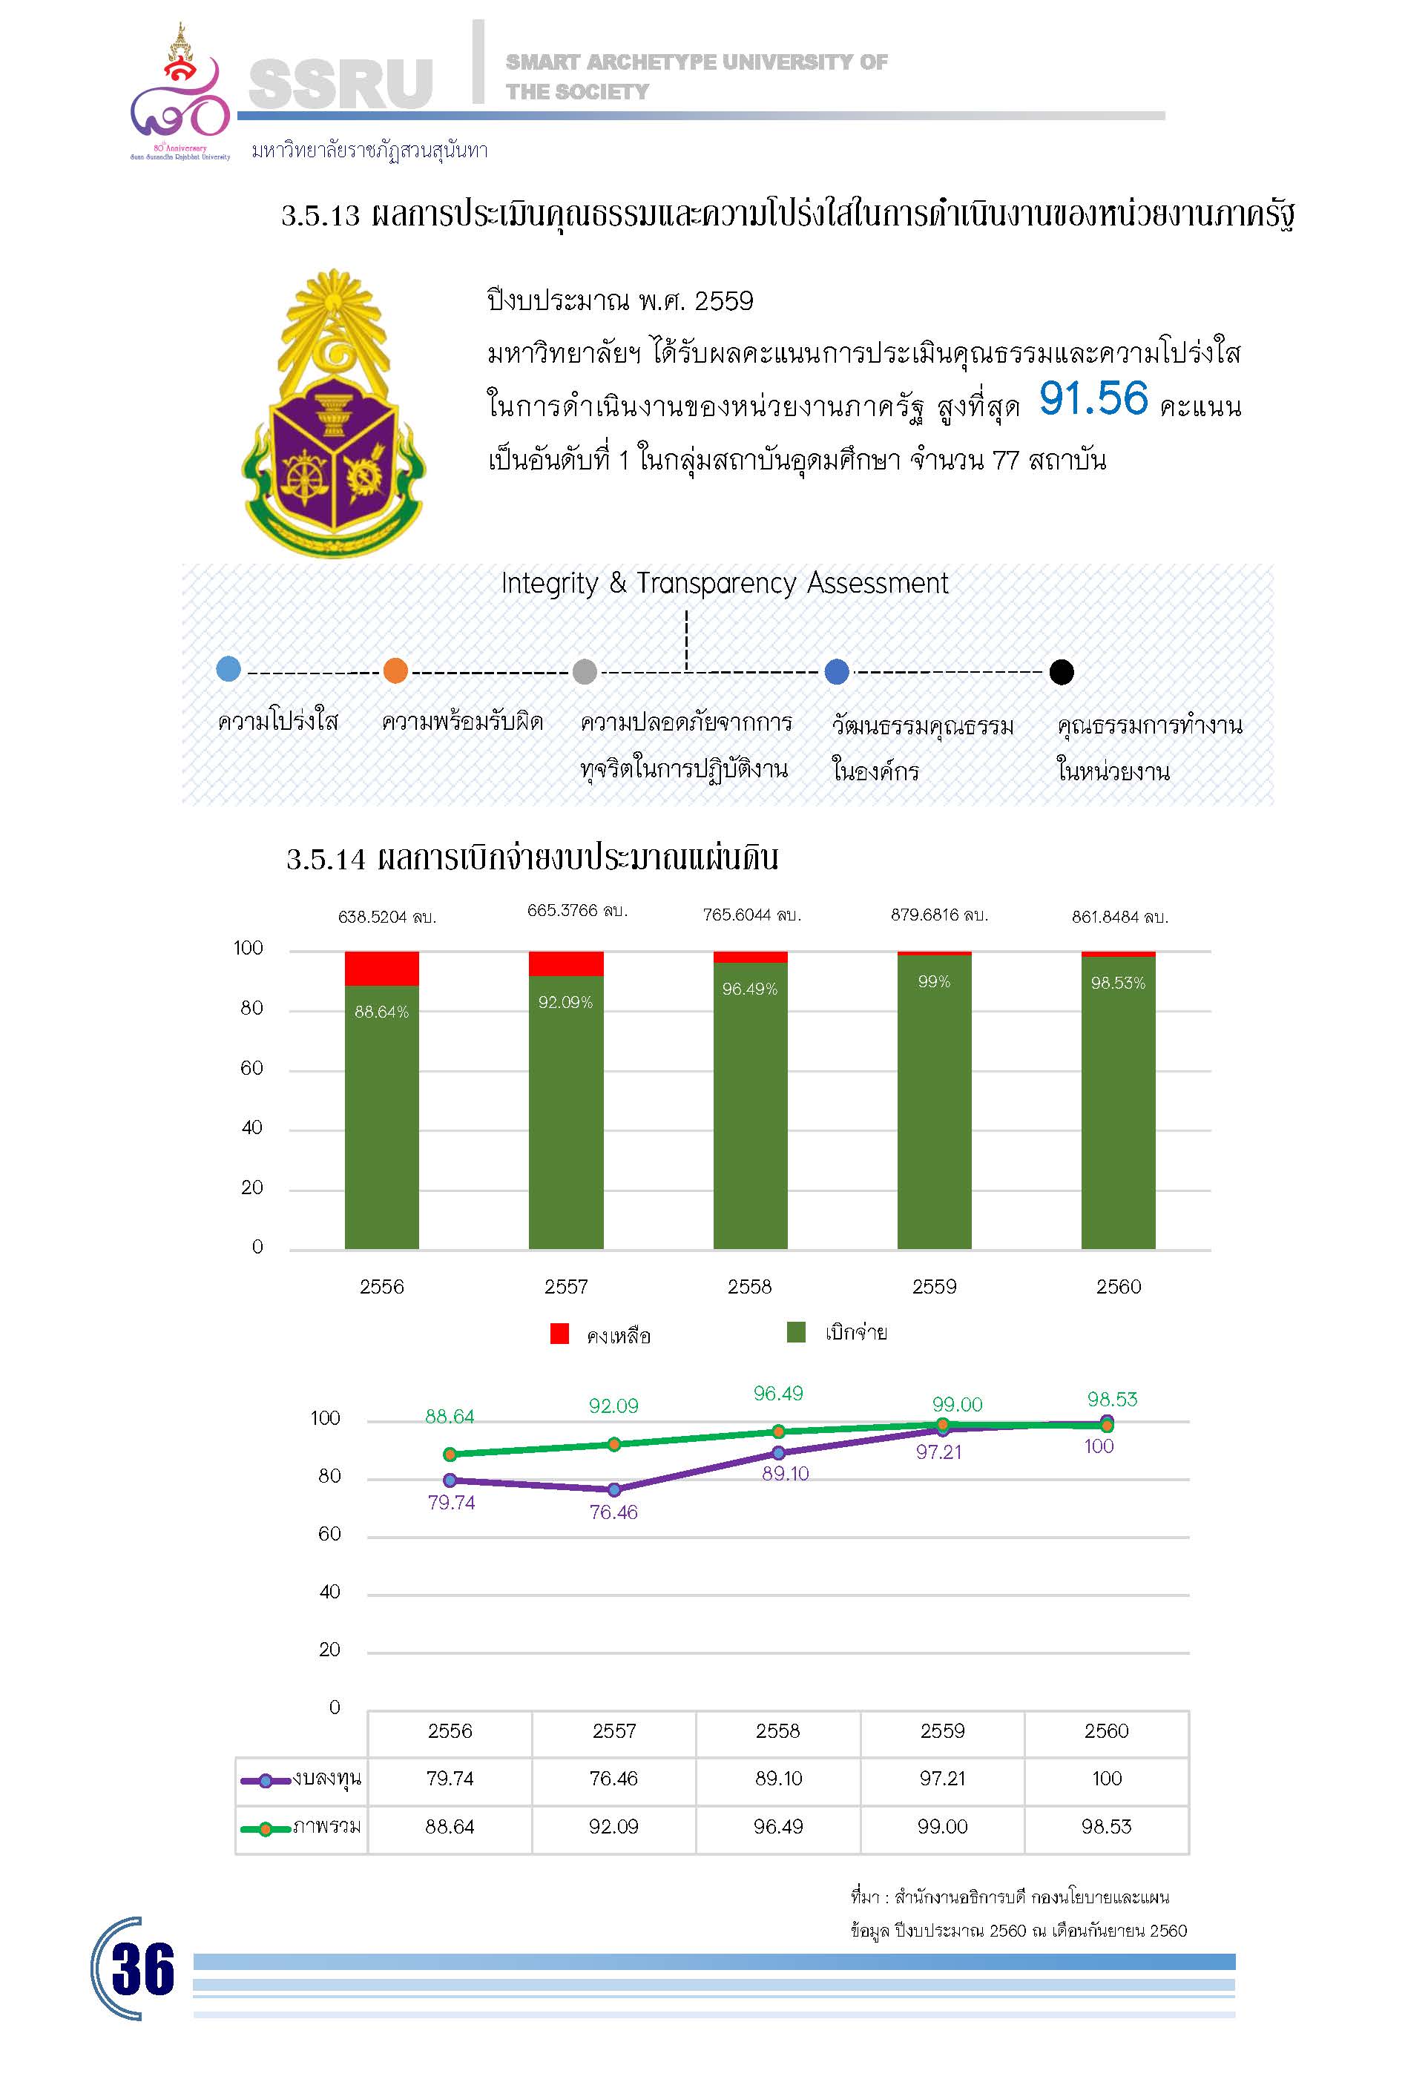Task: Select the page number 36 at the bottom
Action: pyautogui.click(x=143, y=1970)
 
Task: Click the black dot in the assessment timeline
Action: pyautogui.click(x=1062, y=672)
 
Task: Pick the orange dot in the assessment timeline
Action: pyautogui.click(x=395, y=670)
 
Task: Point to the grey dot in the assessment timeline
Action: pyautogui.click(x=585, y=671)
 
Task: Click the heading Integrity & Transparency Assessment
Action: pyautogui.click(x=724, y=583)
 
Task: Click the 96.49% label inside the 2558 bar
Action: pyautogui.click(x=750, y=989)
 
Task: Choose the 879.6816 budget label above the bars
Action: pyautogui.click(x=938, y=915)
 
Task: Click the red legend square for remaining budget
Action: pyautogui.click(x=559, y=1334)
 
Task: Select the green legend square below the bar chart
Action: pyautogui.click(x=796, y=1332)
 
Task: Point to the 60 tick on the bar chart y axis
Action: pyautogui.click(x=251, y=1068)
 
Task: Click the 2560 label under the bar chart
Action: pyautogui.click(x=1118, y=1286)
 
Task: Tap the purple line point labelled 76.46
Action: pyautogui.click(x=613, y=1490)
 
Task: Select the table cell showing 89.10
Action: pyautogui.click(x=777, y=1779)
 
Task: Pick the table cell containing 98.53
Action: pyautogui.click(x=1106, y=1826)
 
